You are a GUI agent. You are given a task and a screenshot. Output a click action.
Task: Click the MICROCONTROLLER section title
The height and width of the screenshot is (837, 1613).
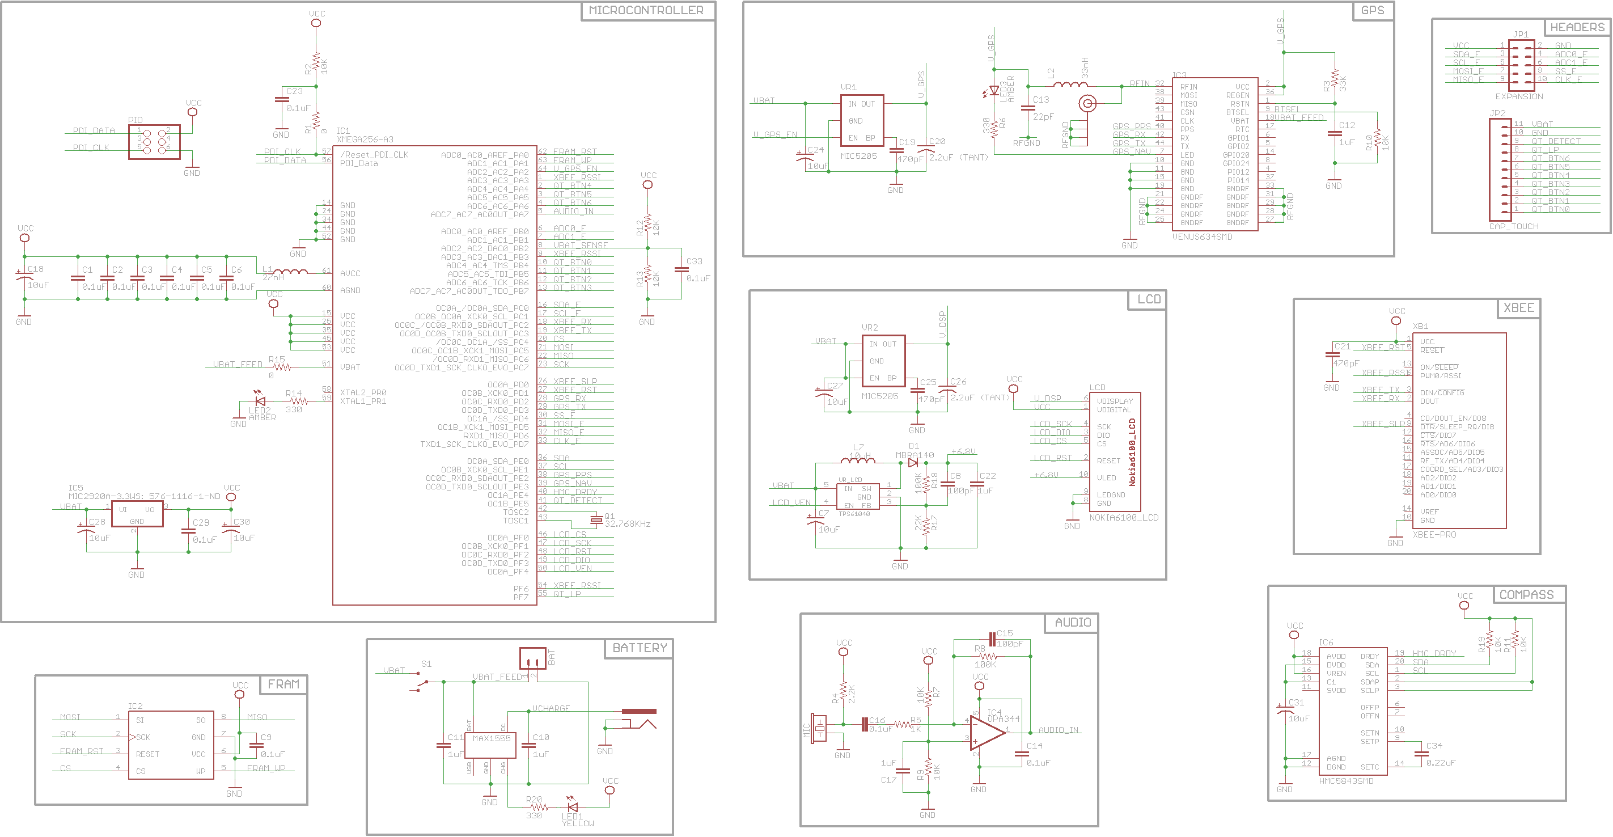coord(646,11)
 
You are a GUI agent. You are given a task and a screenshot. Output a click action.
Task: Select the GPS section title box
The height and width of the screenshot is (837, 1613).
coord(1372,11)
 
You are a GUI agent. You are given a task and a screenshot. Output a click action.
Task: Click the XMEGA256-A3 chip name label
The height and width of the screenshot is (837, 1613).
coord(365,139)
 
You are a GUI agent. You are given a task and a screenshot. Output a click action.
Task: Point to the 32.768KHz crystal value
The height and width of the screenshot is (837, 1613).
coord(628,524)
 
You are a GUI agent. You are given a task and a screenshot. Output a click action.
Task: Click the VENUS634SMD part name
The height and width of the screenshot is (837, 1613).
coord(1201,237)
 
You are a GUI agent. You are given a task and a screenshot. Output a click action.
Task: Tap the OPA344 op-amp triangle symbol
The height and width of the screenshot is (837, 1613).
coord(985,732)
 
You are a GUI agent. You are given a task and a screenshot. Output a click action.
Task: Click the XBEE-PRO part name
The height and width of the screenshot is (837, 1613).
coord(1434,534)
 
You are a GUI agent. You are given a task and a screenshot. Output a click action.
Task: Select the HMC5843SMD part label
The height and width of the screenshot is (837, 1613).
coord(1345,781)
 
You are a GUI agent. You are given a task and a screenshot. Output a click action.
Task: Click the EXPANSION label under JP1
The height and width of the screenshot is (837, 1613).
coord(1518,96)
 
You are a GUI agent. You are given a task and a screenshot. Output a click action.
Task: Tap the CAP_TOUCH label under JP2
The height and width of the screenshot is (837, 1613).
coord(1513,226)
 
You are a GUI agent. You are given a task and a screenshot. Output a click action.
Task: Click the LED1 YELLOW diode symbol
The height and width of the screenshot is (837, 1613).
coord(571,807)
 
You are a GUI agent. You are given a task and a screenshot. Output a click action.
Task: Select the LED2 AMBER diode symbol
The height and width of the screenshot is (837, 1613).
coord(260,401)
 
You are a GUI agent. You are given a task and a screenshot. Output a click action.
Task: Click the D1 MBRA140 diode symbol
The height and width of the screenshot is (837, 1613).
coord(913,463)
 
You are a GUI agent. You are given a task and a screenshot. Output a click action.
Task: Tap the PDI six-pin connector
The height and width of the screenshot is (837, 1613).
coord(154,141)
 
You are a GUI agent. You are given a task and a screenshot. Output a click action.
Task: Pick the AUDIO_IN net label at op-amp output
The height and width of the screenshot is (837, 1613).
coord(1057,730)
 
